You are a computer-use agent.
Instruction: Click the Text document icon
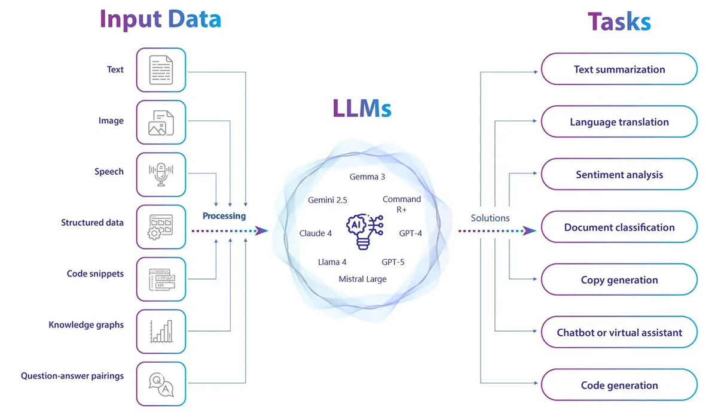tap(161, 70)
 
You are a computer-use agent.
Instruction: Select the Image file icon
tap(161, 122)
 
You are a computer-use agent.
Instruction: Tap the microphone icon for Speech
tap(161, 174)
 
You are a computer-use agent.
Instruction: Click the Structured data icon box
tap(161, 227)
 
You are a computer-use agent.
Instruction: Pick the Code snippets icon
tap(161, 279)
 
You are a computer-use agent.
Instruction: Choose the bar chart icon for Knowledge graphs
tap(161, 331)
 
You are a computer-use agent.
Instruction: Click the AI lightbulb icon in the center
tap(363, 231)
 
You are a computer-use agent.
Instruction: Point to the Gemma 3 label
tap(367, 177)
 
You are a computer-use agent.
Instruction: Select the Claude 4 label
tap(315, 233)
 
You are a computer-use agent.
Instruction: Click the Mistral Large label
tap(362, 279)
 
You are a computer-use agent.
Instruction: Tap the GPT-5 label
tap(393, 262)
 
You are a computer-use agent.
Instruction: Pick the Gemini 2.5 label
tap(327, 200)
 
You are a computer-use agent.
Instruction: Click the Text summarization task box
tap(619, 69)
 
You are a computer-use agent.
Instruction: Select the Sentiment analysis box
tap(619, 175)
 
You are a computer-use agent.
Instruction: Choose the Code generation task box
tap(619, 385)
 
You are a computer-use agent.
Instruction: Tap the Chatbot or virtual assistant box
tap(619, 333)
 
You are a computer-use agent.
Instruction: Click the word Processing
tap(224, 216)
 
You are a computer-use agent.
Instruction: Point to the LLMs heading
tap(362, 109)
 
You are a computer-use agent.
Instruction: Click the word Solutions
tap(490, 218)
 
